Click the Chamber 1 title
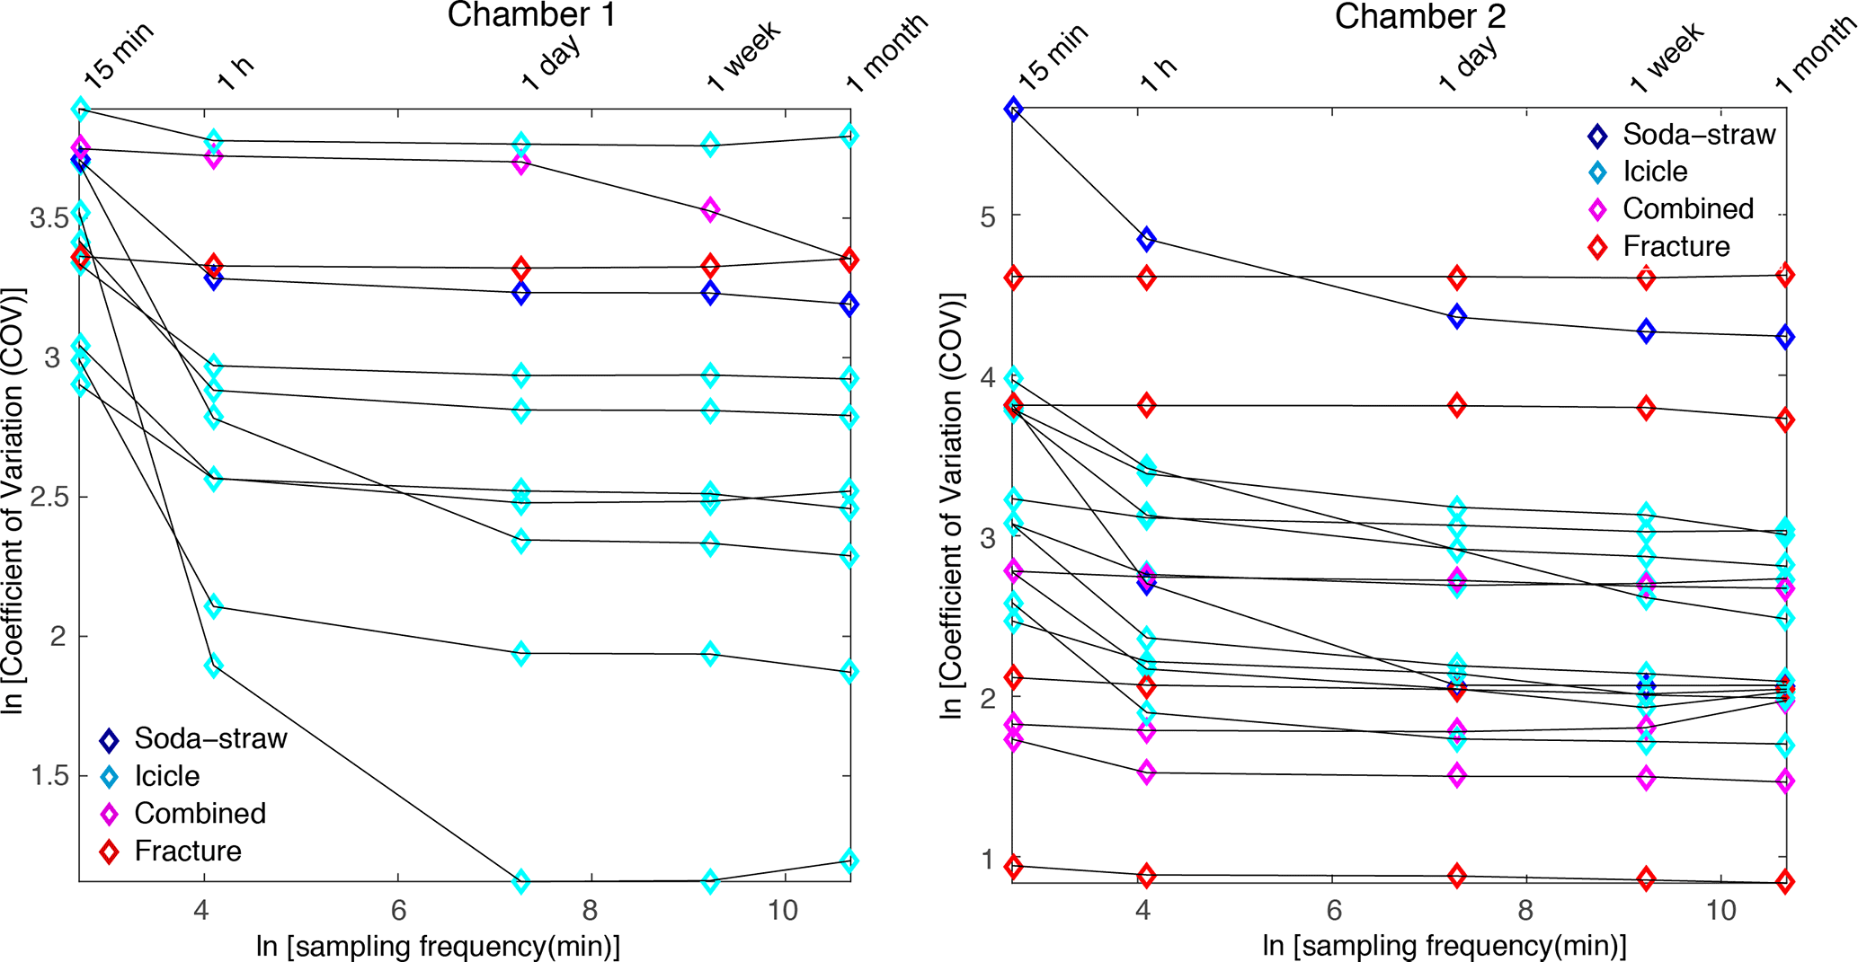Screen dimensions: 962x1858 (531, 15)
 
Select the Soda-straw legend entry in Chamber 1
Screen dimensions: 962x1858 (210, 738)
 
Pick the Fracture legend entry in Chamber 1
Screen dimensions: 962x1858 (188, 851)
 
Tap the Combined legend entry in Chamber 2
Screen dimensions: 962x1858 (1687, 208)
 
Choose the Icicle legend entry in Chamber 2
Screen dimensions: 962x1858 (1654, 172)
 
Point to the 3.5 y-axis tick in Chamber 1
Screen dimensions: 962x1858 (50, 218)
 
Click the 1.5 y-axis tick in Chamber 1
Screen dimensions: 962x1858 (50, 775)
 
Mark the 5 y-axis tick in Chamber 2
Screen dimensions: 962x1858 (987, 216)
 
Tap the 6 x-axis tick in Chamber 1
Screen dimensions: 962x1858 (398, 911)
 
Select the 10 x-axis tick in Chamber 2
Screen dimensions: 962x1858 (1720, 911)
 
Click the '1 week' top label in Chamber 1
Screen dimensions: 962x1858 (743, 57)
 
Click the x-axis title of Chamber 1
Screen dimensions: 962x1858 (438, 946)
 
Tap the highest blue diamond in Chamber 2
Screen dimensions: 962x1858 (1014, 110)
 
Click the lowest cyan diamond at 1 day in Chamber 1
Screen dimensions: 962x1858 (520, 881)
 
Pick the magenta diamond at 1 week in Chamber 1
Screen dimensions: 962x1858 (710, 209)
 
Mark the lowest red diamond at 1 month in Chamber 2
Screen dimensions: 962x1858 (1785, 882)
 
